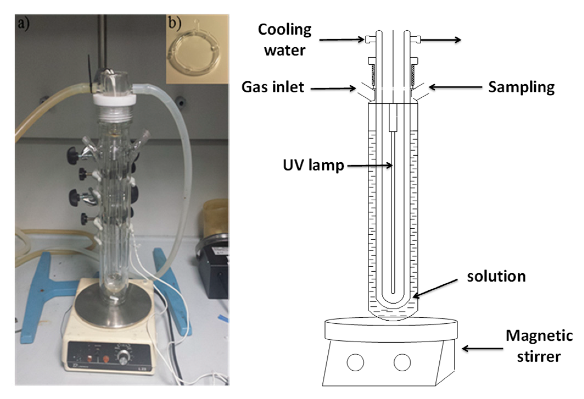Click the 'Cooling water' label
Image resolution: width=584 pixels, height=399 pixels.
285,40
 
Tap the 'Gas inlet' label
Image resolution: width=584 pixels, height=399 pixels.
273,87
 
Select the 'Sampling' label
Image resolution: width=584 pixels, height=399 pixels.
521,87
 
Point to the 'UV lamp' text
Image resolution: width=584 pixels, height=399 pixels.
313,165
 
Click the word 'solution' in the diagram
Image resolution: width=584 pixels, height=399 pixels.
496,276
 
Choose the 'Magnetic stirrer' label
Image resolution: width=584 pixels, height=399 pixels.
539,346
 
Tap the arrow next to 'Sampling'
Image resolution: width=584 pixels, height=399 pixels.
455,87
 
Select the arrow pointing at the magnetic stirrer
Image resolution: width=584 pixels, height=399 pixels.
482,349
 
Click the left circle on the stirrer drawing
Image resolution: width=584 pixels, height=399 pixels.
355,362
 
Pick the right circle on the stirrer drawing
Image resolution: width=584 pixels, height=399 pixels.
402,362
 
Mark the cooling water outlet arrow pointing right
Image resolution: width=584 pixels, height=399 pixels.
440,40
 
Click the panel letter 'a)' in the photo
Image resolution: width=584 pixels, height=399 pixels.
23,24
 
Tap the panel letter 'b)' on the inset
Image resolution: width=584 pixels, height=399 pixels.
175,23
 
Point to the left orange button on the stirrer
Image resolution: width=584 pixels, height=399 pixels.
90,359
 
